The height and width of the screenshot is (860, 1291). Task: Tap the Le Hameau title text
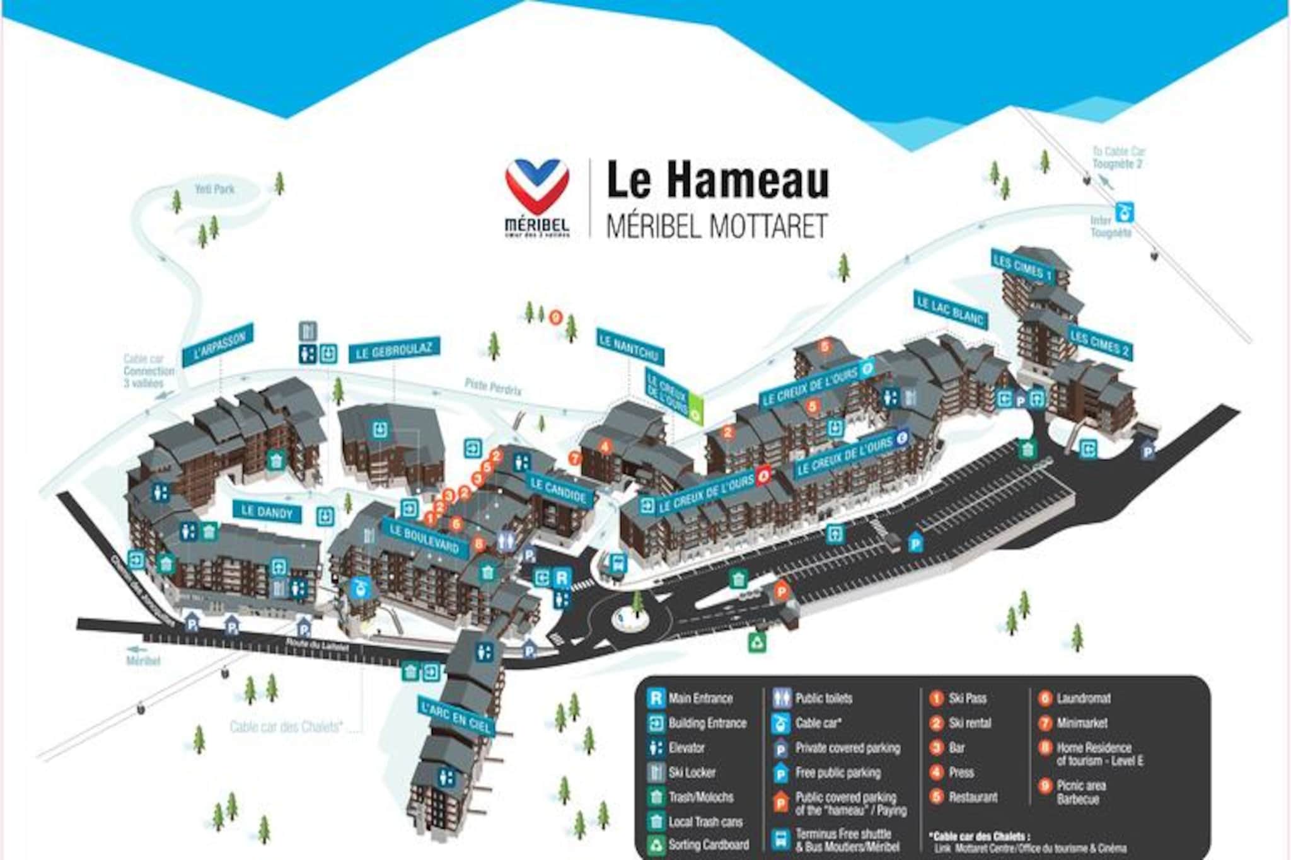click(717, 181)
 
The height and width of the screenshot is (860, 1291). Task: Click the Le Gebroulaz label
click(394, 350)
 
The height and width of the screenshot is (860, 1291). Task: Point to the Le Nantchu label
click(630, 347)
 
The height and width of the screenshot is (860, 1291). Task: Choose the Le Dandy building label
click(267, 511)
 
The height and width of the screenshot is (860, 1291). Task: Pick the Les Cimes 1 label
click(1022, 267)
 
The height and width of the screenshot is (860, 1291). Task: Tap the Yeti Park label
click(214, 188)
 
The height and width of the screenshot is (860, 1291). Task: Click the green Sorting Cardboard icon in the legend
click(656, 844)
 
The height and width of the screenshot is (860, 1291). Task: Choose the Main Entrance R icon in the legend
click(656, 698)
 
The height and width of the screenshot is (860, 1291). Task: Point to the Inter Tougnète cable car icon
click(1123, 212)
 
